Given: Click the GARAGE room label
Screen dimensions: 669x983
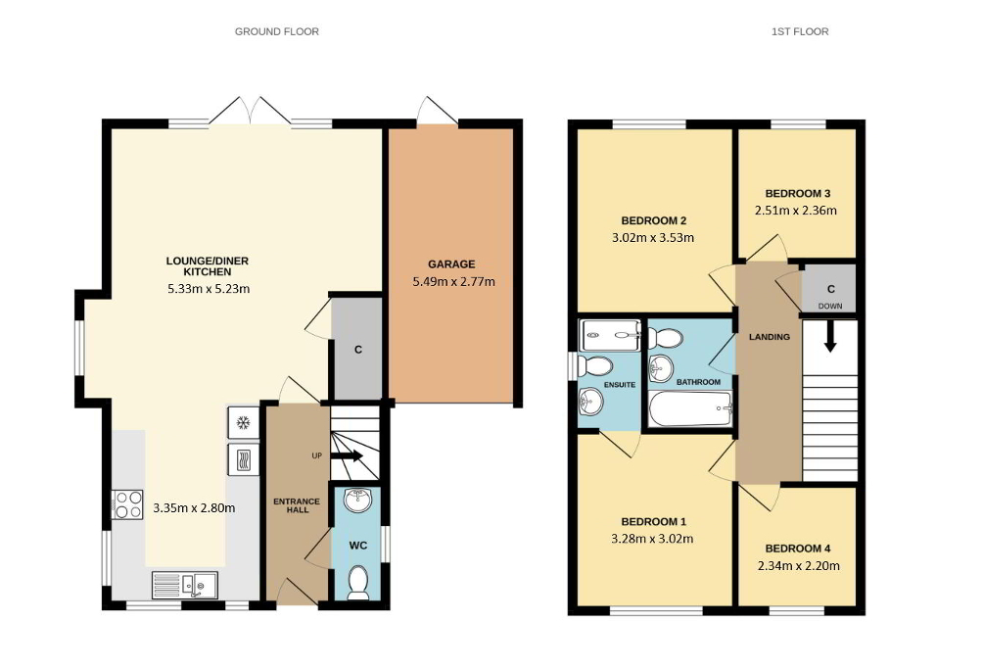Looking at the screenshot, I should pos(450,263).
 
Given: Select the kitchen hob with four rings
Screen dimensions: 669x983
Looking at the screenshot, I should pos(129,503).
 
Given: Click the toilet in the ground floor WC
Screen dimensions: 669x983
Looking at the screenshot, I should pos(358,582).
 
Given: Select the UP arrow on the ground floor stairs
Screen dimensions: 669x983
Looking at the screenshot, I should pos(348,456).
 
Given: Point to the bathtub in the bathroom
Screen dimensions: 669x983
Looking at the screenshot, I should pos(691,407).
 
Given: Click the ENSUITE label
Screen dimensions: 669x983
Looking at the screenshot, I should pos(619,385).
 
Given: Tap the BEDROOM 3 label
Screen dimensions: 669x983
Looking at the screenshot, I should pos(796,193).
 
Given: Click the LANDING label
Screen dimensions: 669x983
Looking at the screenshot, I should pos(769,338).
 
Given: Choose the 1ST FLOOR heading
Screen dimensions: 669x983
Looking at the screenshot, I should pos(799,31).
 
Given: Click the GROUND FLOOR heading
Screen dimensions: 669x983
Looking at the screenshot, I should pos(277,31).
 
